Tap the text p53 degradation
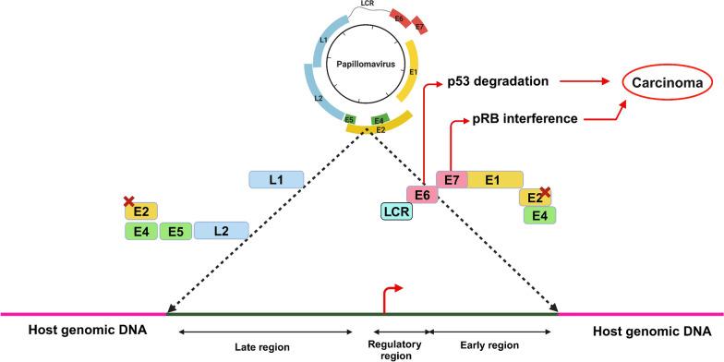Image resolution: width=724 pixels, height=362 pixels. (500, 82)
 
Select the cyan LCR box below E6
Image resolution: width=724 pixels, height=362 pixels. (396, 212)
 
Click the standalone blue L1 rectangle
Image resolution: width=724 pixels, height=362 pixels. (277, 179)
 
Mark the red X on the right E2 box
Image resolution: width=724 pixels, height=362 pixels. (545, 191)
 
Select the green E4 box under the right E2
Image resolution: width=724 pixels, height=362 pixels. (539, 214)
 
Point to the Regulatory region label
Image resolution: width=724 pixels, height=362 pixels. (399, 347)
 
